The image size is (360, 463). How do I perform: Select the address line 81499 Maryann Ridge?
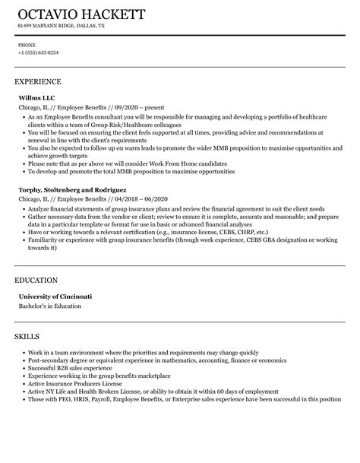click(62, 26)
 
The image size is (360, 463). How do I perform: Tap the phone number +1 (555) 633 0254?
click(39, 52)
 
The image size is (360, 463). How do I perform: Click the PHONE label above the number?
click(27, 45)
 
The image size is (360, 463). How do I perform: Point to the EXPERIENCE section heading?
click(38, 81)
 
